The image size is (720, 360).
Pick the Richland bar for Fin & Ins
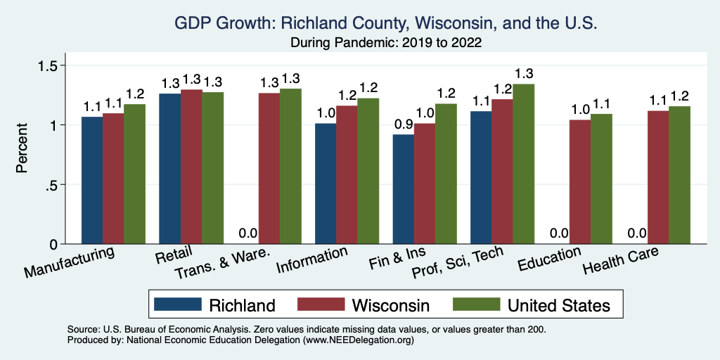pos(403,189)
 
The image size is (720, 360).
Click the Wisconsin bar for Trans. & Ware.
pos(269,168)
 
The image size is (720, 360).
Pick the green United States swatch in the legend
pos(475,304)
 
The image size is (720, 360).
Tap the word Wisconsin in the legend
pos(390,305)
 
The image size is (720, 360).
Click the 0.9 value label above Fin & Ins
pos(403,124)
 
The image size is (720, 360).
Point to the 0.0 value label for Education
pos(559,233)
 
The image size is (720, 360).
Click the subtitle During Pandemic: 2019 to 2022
pos(386,42)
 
